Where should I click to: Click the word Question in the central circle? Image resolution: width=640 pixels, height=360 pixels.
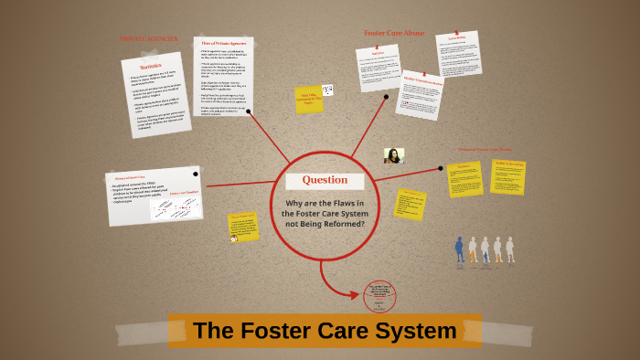tap(325, 180)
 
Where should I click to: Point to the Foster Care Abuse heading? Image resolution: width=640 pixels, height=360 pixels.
tap(394, 33)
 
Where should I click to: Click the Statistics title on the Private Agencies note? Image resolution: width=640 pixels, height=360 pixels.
tap(150, 67)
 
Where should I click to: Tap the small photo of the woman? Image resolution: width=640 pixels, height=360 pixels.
tap(394, 155)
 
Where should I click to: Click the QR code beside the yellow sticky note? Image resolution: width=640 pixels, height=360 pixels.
tap(327, 90)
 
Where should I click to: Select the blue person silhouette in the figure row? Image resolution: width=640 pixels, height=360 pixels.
tap(459, 249)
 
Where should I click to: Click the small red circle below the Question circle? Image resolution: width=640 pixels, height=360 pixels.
tap(379, 296)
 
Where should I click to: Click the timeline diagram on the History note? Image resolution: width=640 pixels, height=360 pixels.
tap(176, 207)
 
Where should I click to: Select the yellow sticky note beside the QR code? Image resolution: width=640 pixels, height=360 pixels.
tap(307, 99)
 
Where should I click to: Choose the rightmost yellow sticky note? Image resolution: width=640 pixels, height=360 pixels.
tap(507, 176)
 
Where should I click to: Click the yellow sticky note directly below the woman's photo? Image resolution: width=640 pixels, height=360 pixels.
tap(410, 203)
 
